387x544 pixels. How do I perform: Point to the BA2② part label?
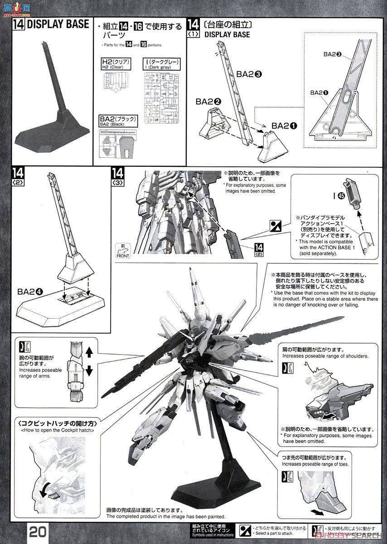click(x=208, y=102)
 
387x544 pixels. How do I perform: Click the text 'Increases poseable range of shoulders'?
click(x=325, y=356)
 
